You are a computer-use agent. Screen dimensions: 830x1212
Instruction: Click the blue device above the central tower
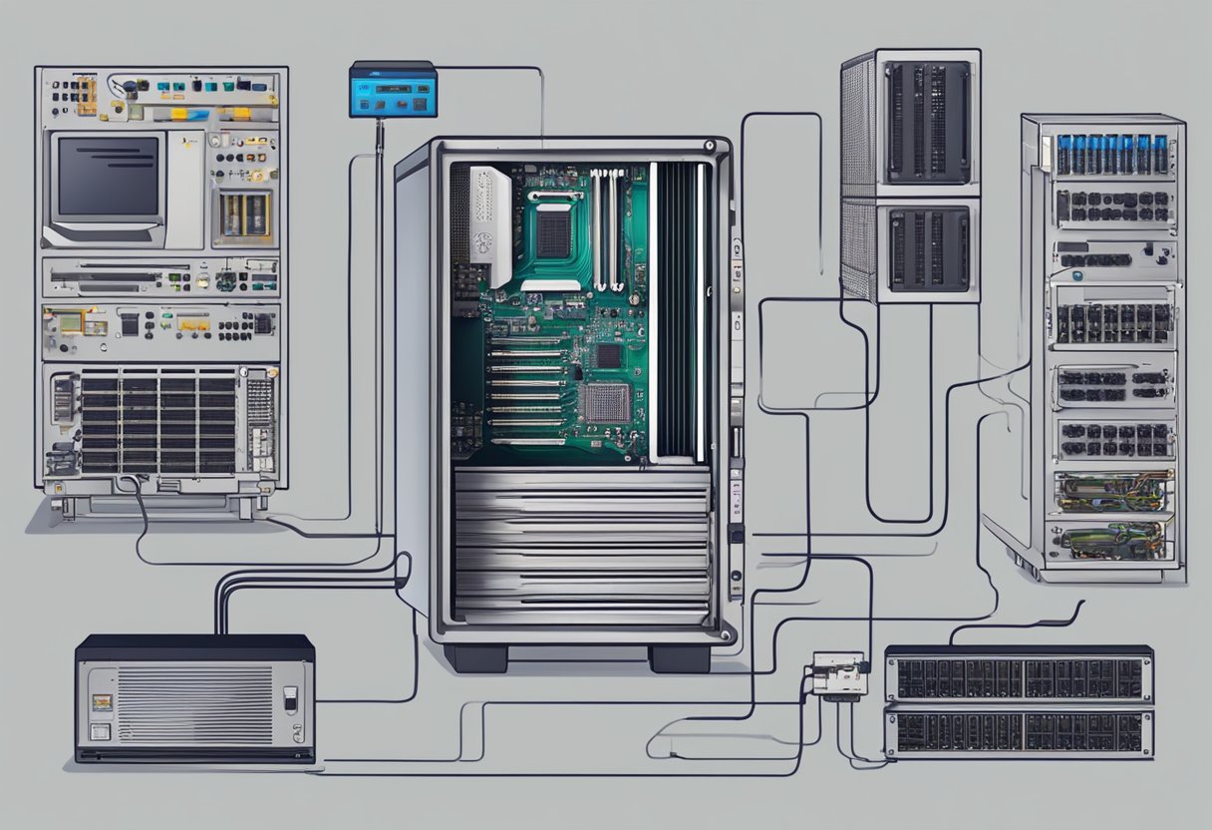coord(393,90)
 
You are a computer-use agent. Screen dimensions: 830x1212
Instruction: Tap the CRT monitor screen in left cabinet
coord(109,177)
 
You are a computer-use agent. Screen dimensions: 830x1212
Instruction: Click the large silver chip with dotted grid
coord(605,402)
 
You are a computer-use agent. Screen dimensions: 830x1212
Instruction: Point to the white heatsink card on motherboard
coord(490,225)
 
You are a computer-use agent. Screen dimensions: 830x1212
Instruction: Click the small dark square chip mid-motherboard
coord(607,356)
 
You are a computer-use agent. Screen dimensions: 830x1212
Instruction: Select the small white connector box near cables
coord(837,674)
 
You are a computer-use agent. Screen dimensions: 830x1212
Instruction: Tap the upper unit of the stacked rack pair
coord(1019,677)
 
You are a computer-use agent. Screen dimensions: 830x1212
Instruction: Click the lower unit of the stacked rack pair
coord(1019,732)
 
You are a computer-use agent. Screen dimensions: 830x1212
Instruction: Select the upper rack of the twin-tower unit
coord(927,122)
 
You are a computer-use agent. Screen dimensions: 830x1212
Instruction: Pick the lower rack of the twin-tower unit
coord(927,249)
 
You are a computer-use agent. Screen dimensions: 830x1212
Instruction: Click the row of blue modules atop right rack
coord(1110,155)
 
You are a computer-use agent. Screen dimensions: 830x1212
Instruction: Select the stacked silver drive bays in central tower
coord(582,544)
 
